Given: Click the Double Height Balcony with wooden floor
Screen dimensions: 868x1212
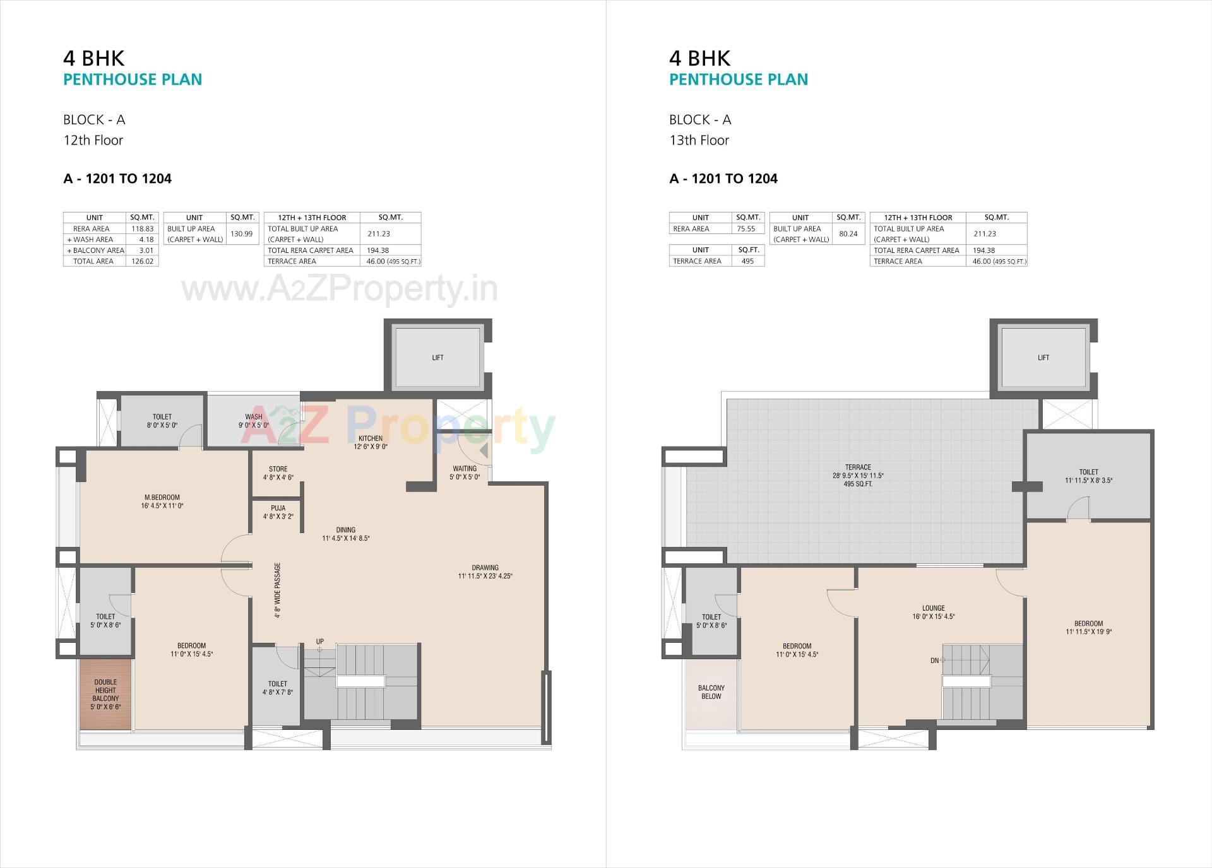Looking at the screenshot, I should [x=105, y=694].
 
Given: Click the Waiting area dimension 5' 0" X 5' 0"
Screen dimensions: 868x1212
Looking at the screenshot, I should [x=465, y=477].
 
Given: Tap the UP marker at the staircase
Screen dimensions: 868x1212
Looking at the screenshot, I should [x=320, y=642].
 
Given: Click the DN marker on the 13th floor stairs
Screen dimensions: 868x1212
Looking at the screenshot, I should [x=936, y=660].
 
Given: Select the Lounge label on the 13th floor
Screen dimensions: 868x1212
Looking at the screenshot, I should [x=933, y=608].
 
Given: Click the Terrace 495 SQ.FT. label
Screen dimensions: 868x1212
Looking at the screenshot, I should [x=858, y=484].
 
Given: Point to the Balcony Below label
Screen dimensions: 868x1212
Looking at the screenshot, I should [x=711, y=692].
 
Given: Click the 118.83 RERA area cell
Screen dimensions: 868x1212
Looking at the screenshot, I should [x=143, y=228].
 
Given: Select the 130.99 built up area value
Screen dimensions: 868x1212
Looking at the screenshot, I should [x=241, y=233].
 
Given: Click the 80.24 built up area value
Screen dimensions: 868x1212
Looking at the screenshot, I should [x=848, y=233].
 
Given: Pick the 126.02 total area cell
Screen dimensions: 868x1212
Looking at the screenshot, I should [x=142, y=261].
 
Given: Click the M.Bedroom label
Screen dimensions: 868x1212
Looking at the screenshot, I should [x=162, y=497].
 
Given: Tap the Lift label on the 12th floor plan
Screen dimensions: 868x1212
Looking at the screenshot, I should [x=437, y=358].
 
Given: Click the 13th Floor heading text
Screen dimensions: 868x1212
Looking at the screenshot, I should [x=699, y=140].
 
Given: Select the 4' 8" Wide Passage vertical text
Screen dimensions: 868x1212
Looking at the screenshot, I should [x=278, y=590].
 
